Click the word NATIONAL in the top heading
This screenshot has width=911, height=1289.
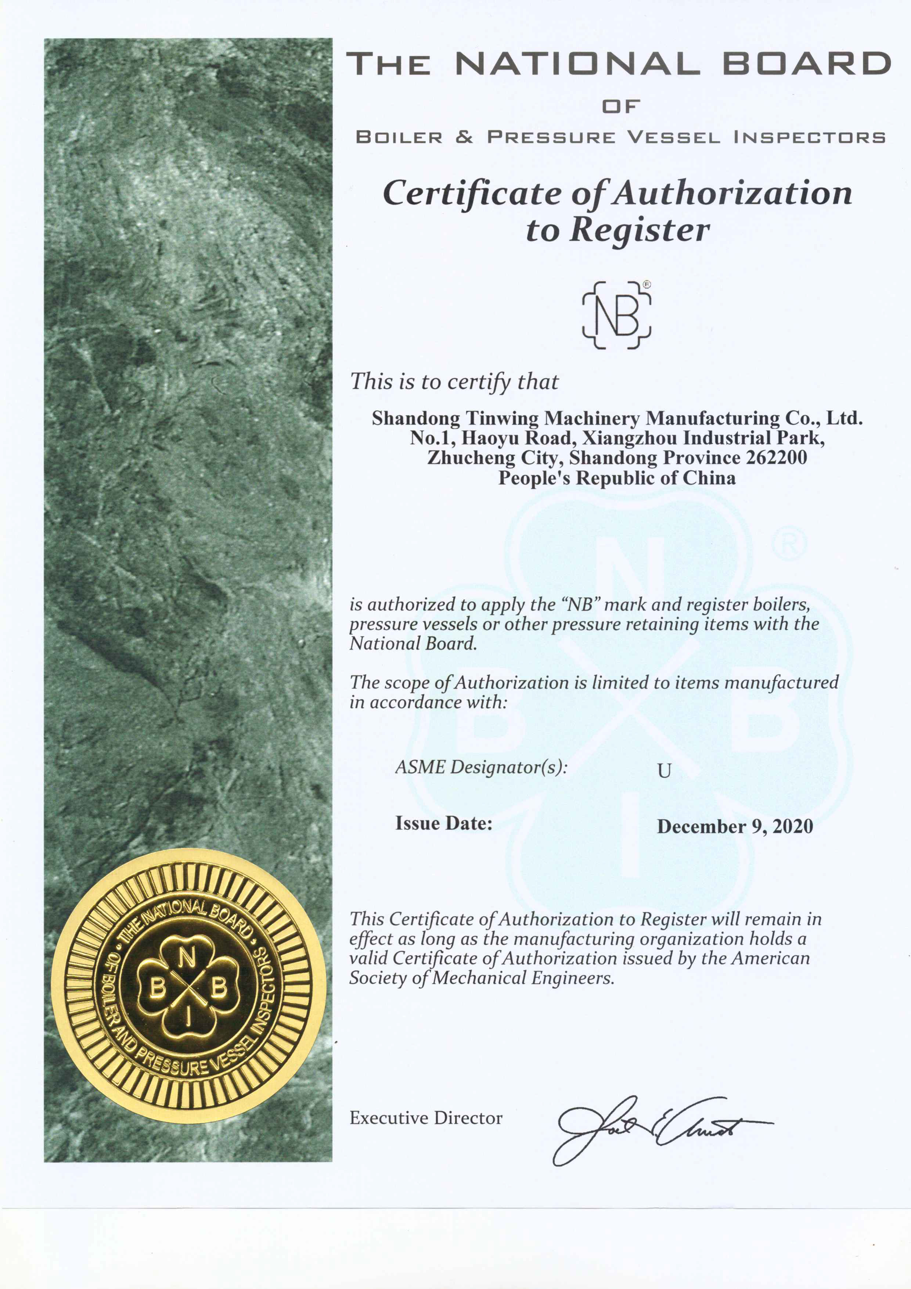coord(577,64)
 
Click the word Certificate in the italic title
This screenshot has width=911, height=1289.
coord(472,193)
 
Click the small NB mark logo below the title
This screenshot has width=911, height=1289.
coord(617,315)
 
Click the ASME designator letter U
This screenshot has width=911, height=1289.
coord(664,771)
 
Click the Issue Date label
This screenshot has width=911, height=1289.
coord(443,823)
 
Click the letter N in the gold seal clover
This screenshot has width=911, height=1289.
coord(187,958)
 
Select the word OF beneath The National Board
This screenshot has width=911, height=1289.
coord(621,106)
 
